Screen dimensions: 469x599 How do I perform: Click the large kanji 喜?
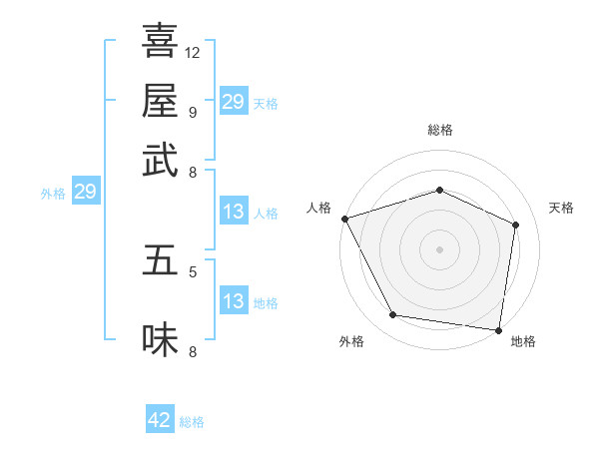click(x=160, y=41)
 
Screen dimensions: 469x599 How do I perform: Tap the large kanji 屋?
click(x=160, y=101)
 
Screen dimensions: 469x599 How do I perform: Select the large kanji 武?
click(x=160, y=161)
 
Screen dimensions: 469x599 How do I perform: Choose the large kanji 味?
click(x=160, y=340)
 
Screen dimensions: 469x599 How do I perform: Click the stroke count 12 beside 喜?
click(x=193, y=52)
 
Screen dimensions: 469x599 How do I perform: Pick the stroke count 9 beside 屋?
click(x=192, y=112)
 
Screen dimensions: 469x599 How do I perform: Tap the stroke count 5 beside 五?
click(x=192, y=270)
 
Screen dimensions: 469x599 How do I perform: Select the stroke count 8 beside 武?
click(x=192, y=172)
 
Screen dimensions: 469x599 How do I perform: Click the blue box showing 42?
click(x=160, y=420)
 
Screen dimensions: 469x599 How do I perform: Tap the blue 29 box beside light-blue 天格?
click(x=233, y=102)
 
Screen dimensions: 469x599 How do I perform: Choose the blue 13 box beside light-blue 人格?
click(x=233, y=212)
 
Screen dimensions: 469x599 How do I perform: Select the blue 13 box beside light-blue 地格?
click(x=233, y=301)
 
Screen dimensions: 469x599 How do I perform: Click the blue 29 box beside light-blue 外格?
click(x=85, y=192)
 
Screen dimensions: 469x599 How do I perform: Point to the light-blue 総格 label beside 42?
click(x=192, y=422)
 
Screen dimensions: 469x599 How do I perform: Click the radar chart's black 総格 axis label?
click(x=440, y=130)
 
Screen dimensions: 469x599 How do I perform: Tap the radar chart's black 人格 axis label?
click(x=319, y=208)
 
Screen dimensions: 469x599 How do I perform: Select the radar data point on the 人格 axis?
click(x=344, y=219)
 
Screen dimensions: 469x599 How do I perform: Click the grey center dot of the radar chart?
click(x=440, y=249)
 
